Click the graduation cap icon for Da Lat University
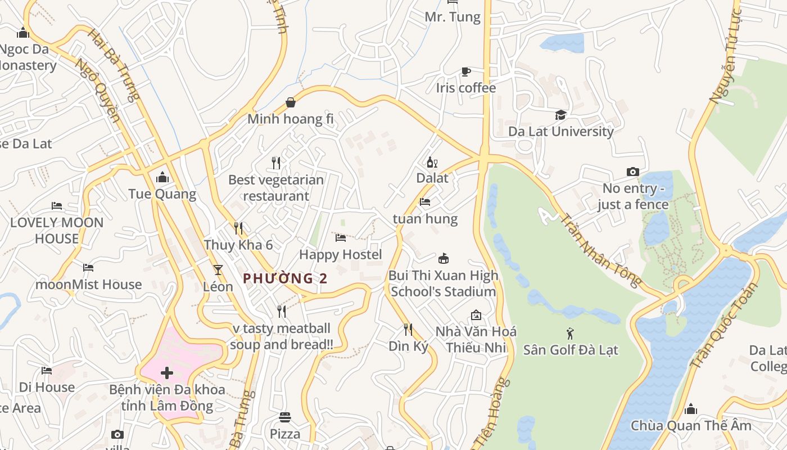pyautogui.click(x=560, y=115)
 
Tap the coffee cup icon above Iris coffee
pyautogui.click(x=465, y=71)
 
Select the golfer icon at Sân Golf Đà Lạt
pyautogui.click(x=571, y=334)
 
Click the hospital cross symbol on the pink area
pyautogui.click(x=166, y=372)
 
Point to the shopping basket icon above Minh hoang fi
pyautogui.click(x=291, y=102)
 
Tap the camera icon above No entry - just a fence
pyautogui.click(x=633, y=172)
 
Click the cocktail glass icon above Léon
pyautogui.click(x=218, y=270)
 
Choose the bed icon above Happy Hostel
pyautogui.click(x=341, y=238)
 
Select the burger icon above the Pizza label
pyautogui.click(x=285, y=417)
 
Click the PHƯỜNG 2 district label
pyautogui.click(x=285, y=278)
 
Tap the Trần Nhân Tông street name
pyautogui.click(x=601, y=250)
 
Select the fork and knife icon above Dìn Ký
pyautogui.click(x=408, y=330)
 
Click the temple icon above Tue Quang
pyautogui.click(x=162, y=178)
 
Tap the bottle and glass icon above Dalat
pyautogui.click(x=432, y=163)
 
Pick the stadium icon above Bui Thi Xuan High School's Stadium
pyautogui.click(x=444, y=258)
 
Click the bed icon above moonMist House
pyautogui.click(x=88, y=267)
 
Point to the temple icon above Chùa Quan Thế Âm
pyautogui.click(x=691, y=409)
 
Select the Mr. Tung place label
pyautogui.click(x=453, y=17)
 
